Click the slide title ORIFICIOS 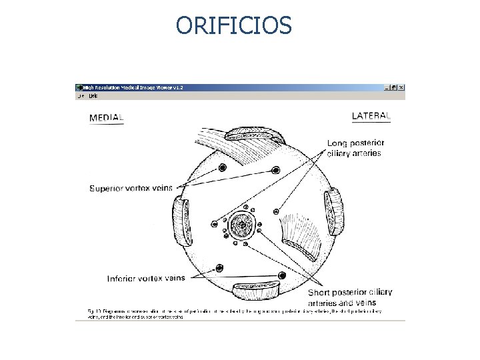(234, 25)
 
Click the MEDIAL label (107, 118)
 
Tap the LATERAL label (371, 116)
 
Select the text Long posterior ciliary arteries (355, 148)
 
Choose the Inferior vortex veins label (146, 278)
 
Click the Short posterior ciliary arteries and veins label (349, 297)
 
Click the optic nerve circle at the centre (240, 226)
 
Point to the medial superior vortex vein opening (223, 167)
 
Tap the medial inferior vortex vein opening (219, 268)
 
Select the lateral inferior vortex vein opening (282, 275)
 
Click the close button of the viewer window (401, 87)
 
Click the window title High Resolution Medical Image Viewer (133, 87)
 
